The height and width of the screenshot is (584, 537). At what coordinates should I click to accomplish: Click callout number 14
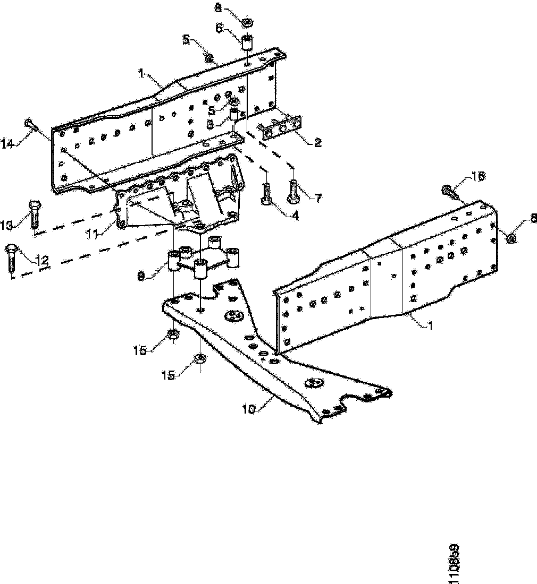[7, 143]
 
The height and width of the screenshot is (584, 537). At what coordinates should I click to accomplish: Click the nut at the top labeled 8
[247, 23]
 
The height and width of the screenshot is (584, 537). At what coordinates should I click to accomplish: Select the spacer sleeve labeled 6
[246, 43]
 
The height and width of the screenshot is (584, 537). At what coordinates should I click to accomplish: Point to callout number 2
[317, 142]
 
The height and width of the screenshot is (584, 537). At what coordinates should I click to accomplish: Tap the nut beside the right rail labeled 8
[511, 238]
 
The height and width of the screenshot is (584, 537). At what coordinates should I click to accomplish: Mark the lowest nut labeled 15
[200, 358]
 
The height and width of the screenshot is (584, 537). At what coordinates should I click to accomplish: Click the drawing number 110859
[455, 564]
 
